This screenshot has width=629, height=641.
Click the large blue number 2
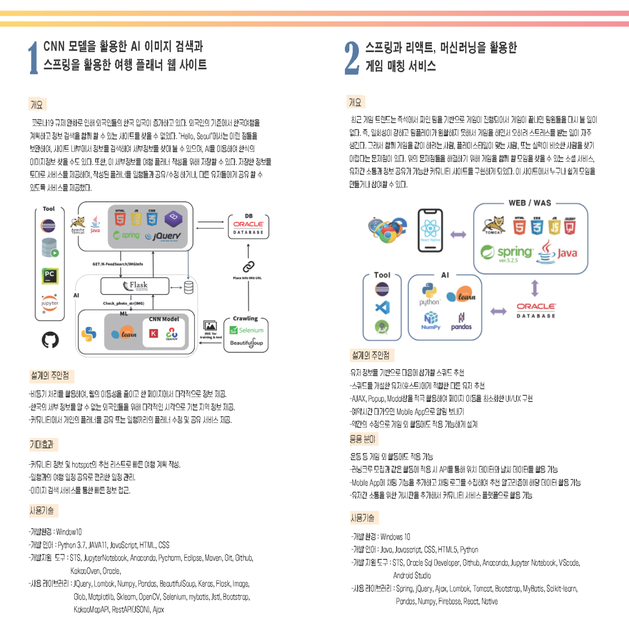coord(351,58)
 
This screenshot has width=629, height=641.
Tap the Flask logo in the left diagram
coord(135,286)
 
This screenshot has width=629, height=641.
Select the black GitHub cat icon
coord(50,340)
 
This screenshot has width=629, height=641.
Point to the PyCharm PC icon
coord(50,276)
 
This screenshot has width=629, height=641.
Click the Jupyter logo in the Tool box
coord(50,302)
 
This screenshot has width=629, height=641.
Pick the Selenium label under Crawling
coord(247,330)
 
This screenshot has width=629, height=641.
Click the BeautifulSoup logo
coord(247,343)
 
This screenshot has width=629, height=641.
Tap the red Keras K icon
coord(153,334)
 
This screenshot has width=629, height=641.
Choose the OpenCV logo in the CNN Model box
coord(172,334)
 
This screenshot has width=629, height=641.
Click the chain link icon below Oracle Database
coord(248,267)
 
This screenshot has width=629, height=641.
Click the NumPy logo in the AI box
coord(430,320)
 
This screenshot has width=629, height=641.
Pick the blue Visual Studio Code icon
coord(382,308)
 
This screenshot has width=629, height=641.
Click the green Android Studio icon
coord(382,326)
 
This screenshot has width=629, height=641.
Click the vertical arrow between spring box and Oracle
coord(535,288)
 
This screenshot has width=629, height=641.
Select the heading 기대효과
coord(42,445)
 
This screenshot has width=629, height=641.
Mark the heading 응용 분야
coord(363,439)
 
